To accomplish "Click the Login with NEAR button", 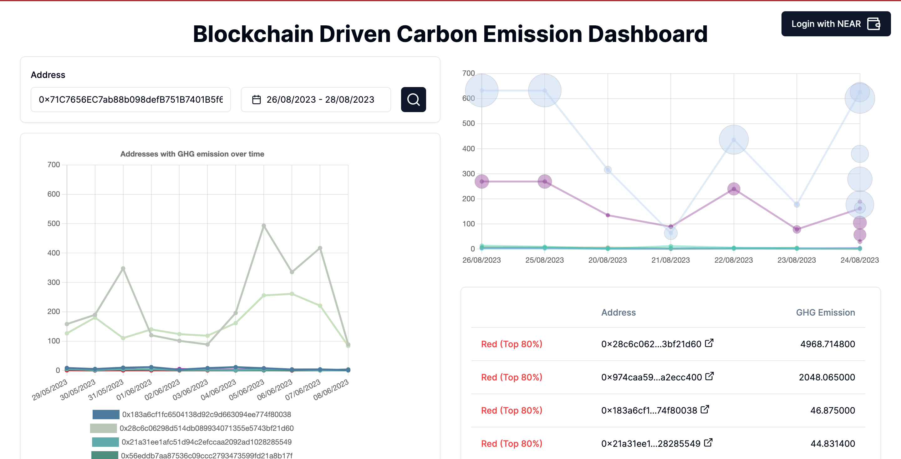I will coord(836,24).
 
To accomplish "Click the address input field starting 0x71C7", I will coord(130,100).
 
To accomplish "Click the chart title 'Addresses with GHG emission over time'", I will coord(192,154).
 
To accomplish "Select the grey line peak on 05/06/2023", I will coord(264,226).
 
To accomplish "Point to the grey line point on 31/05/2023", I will coord(123,269).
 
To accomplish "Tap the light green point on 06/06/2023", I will coord(292,294).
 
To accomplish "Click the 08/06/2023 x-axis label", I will coord(331,389).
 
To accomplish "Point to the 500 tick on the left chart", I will coord(53,223).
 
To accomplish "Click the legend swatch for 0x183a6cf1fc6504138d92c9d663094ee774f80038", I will coord(106,415).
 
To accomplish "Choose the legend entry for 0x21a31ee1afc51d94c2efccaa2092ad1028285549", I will coord(206,442).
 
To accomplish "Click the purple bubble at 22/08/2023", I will coord(733,189).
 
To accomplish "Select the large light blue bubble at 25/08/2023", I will coord(545,90).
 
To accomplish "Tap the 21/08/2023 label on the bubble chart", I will coord(670,260).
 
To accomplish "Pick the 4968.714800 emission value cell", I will coord(827,344).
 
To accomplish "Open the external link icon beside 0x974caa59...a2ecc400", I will coord(709,376).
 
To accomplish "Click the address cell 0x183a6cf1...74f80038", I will coord(649,410).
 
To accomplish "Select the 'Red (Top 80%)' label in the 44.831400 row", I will coord(512,444).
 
